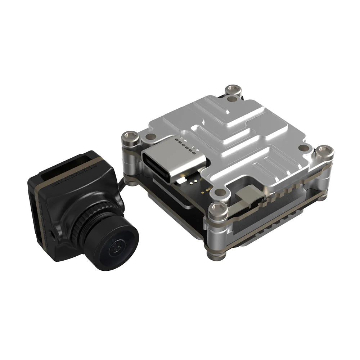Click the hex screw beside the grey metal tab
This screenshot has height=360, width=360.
pos(217,208)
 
